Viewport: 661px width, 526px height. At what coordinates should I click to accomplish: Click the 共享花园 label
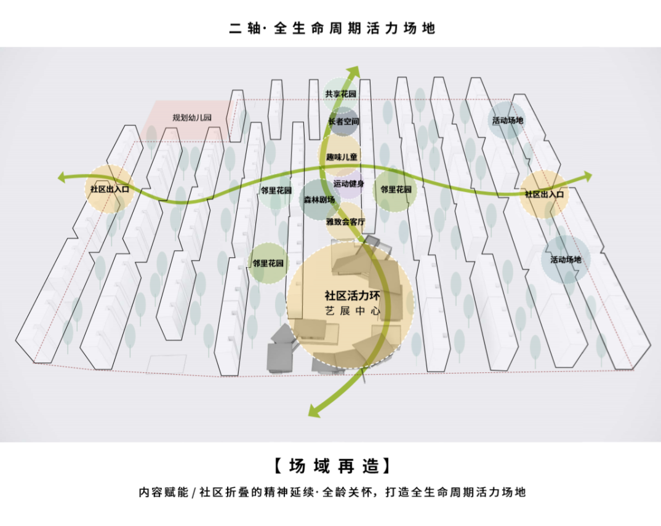[341, 94]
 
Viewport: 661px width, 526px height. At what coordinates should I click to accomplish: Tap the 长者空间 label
[343, 122]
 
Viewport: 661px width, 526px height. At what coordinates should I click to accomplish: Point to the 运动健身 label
[349, 184]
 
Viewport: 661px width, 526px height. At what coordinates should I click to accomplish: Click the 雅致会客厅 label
[346, 221]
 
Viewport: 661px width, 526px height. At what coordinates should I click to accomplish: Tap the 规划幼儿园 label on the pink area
[192, 118]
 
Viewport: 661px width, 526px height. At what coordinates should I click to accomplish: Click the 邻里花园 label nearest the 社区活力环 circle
[268, 263]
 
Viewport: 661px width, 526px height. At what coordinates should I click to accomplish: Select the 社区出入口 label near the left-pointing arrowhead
[109, 189]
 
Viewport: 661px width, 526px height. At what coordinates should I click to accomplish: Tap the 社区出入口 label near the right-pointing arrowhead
[544, 194]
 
